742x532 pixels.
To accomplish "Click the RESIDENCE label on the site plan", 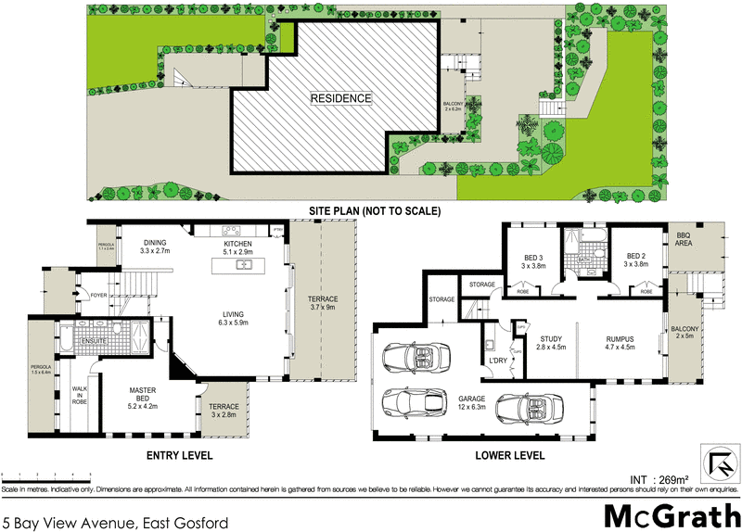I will point(340,98).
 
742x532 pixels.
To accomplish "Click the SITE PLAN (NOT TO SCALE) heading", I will point(375,211).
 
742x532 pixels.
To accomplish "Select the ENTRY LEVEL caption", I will point(180,456).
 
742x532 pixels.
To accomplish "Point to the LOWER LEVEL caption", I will point(512,456).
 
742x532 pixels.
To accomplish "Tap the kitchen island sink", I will point(246,265).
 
